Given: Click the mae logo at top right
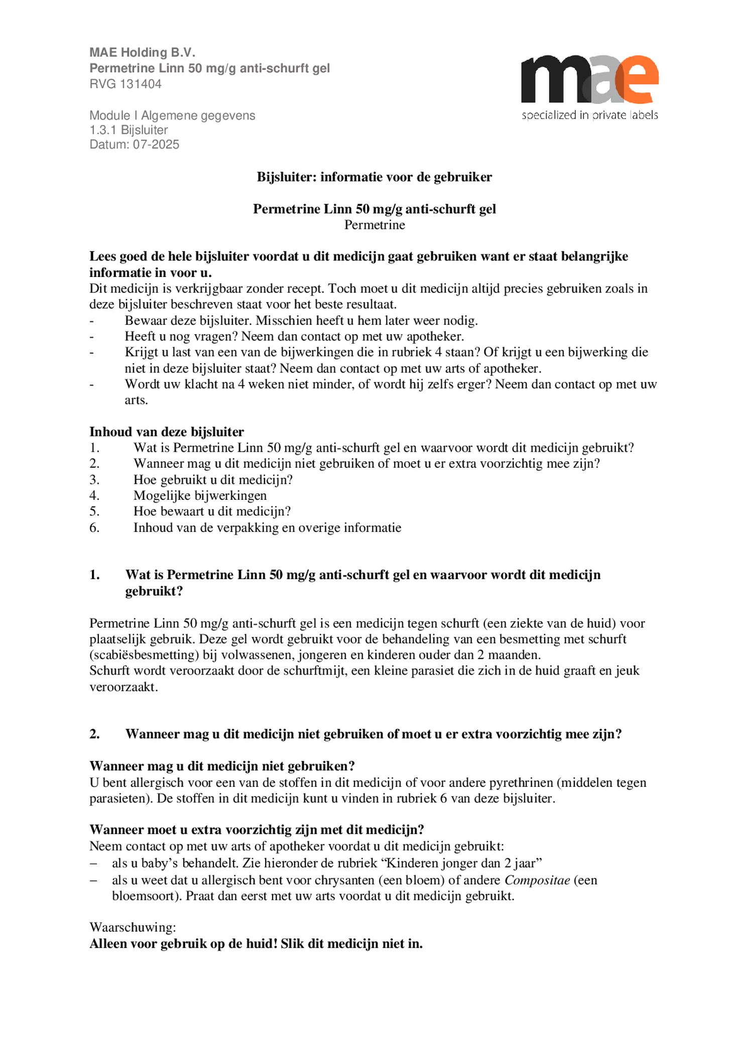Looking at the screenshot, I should [589, 79].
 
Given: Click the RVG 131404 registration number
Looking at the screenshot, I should [126, 84].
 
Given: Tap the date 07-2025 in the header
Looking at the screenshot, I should [156, 145].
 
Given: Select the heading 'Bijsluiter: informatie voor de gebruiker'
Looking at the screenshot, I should [374, 177].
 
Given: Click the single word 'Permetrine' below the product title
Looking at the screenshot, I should [374, 225].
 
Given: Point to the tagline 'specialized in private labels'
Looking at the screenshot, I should [589, 115].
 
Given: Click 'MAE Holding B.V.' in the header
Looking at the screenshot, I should [142, 52].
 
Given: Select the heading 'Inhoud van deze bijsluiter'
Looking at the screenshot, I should [167, 432].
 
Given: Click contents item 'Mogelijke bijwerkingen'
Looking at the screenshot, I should [200, 495].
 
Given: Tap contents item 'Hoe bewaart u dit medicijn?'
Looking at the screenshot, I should [212, 511].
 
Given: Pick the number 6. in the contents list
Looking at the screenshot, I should [94, 527].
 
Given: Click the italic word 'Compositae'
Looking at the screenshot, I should [537, 880].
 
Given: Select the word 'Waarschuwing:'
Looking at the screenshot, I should [133, 926].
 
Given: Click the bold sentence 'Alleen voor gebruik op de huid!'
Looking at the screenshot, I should [183, 944].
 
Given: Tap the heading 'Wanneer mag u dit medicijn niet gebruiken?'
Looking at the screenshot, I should [222, 766].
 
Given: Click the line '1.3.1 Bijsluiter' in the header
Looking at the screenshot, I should [129, 130].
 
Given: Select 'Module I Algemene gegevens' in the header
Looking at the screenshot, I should [172, 115].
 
